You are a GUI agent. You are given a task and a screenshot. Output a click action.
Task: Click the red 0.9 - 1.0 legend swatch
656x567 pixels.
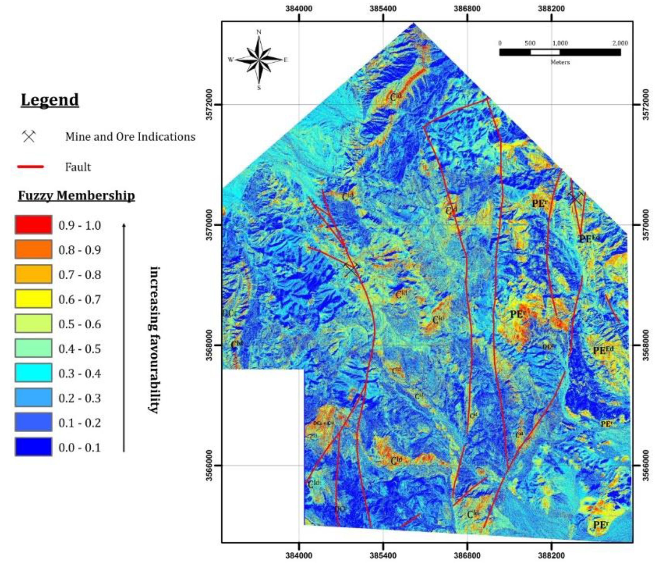[33, 225]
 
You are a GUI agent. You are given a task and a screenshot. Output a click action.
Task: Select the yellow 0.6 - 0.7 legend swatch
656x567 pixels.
[33, 299]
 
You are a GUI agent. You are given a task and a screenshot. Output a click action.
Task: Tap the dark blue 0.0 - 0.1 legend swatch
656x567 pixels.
[33, 447]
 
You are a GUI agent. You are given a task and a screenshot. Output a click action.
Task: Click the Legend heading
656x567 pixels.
[50, 100]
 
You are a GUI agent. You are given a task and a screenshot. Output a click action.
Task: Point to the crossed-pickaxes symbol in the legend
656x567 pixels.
[29, 137]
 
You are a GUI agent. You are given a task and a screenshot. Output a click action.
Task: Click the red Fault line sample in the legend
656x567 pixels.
[30, 167]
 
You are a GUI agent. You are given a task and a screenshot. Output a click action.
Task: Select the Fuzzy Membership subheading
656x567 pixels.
[76, 195]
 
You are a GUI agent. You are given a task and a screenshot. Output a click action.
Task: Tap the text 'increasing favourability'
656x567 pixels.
[154, 339]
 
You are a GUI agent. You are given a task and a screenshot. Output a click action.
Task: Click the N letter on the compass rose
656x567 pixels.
[259, 32]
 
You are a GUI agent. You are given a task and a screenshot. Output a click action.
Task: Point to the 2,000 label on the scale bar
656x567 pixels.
[619, 43]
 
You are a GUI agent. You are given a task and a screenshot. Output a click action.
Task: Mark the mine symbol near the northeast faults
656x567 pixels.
[575, 198]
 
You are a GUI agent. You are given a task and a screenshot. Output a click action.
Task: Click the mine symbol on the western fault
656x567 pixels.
[351, 269]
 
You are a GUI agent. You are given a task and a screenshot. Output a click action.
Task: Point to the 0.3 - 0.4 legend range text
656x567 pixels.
[79, 374]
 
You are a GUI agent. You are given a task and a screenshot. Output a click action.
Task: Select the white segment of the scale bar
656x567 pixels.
[545, 52]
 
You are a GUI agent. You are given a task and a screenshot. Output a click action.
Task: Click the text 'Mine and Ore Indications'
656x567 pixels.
[130, 137]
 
